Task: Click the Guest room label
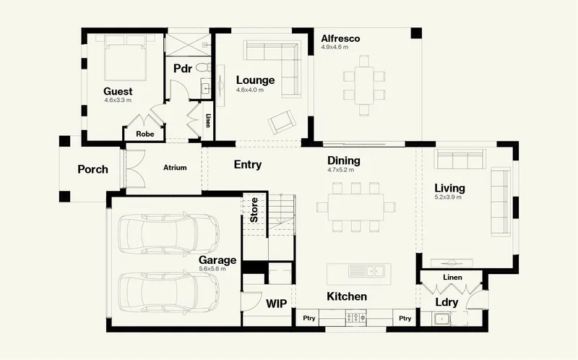click(118, 92)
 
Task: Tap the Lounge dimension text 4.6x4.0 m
click(250, 90)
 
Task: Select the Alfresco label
click(340, 38)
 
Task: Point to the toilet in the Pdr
click(203, 67)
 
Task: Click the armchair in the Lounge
click(281, 121)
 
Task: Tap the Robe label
click(145, 134)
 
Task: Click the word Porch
click(92, 169)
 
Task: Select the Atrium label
click(175, 168)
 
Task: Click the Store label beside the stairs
click(254, 210)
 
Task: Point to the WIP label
click(277, 304)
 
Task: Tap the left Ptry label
click(309, 318)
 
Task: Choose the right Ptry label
click(405, 318)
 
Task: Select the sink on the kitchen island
click(366, 271)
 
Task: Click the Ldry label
click(447, 302)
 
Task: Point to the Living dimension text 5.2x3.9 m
click(448, 197)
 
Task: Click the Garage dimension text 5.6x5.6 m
click(212, 269)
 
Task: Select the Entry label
click(248, 165)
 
